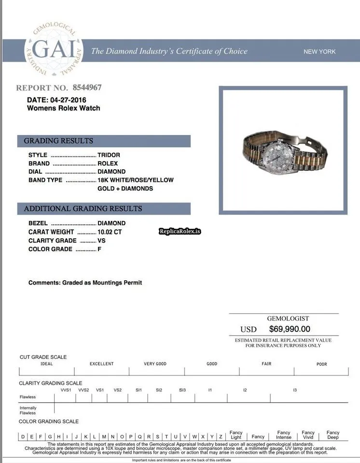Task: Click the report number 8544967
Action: click(x=87, y=87)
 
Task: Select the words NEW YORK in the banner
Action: click(x=319, y=52)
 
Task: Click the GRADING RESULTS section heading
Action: click(x=58, y=141)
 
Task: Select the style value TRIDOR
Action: click(x=109, y=155)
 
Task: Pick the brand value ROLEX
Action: click(x=108, y=163)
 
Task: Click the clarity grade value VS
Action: click(x=101, y=241)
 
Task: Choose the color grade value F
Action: click(x=99, y=249)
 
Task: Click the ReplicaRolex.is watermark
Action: click(x=180, y=231)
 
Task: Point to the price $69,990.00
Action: click(x=290, y=329)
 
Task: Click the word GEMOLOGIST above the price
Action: click(x=288, y=318)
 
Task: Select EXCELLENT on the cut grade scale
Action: click(x=101, y=364)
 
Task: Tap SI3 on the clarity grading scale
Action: click(x=182, y=389)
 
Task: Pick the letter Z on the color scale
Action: click(x=221, y=436)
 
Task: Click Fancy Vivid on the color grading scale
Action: click(x=308, y=435)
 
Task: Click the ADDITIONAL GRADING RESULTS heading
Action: click(x=83, y=209)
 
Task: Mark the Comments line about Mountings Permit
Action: click(x=85, y=283)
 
